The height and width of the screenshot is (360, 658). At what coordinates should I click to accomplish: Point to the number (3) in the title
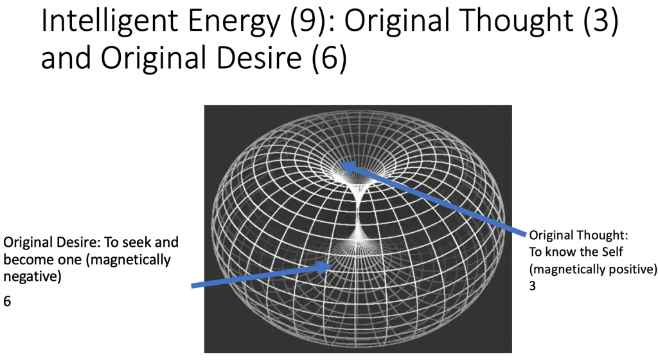click(x=601, y=22)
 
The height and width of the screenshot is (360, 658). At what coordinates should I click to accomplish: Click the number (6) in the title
click(x=330, y=57)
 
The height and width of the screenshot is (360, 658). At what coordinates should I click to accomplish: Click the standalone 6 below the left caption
click(x=7, y=301)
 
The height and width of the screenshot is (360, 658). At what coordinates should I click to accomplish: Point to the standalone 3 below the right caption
click(x=533, y=286)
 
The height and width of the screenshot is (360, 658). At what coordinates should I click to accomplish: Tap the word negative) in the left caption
click(x=32, y=277)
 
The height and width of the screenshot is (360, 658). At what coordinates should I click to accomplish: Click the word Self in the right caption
click(x=612, y=252)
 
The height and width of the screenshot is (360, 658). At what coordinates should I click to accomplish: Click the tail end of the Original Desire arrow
click(x=191, y=286)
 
